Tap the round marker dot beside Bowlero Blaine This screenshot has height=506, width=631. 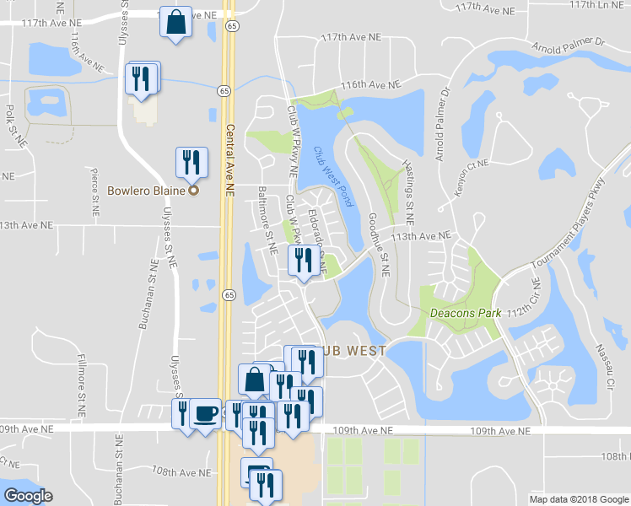(x=193, y=191)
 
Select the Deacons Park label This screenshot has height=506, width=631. (x=466, y=313)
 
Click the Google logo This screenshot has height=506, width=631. (x=28, y=496)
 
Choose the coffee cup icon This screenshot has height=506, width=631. (x=205, y=413)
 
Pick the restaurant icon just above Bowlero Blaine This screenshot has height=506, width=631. (x=191, y=161)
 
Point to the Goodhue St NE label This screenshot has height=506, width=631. (x=379, y=244)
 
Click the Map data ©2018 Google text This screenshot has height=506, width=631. (x=578, y=499)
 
